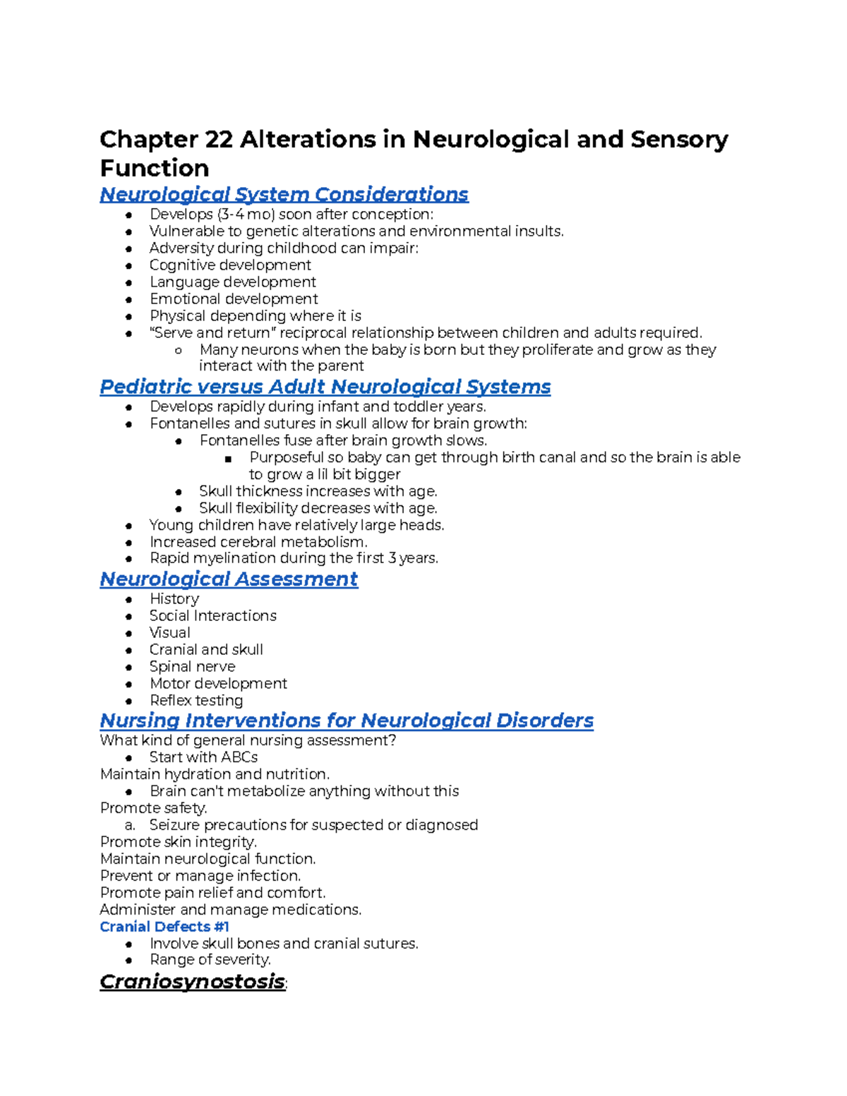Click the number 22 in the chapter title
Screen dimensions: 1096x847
[219, 140]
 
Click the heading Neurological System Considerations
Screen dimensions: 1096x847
[284, 194]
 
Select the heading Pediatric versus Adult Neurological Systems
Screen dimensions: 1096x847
[325, 387]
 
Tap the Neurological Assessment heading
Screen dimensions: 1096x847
[229, 579]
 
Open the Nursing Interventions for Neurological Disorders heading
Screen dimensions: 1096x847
[346, 721]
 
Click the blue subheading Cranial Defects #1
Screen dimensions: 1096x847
[164, 927]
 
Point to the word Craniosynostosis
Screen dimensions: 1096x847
[192, 982]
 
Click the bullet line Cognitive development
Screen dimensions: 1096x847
[230, 265]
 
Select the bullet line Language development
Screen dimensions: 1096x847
[232, 282]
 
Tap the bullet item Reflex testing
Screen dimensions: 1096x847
[196, 701]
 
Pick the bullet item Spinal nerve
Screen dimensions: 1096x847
[192, 667]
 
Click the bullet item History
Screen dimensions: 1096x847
[174, 599]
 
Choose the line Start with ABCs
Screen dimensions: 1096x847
[203, 757]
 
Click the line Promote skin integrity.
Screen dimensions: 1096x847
[178, 842]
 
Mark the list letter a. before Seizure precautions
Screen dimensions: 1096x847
[129, 825]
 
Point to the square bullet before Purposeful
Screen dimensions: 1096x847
[228, 459]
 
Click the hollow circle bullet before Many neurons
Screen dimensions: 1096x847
[179, 351]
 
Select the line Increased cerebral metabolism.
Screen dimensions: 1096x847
[258, 542]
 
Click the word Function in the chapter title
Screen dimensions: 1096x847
[155, 169]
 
